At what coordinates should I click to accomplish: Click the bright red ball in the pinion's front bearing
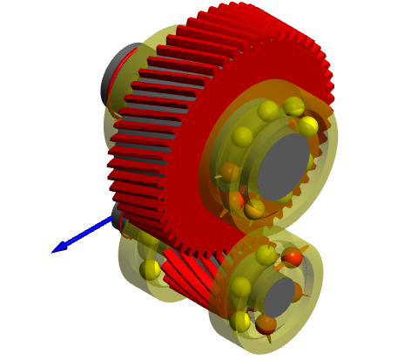click(293, 258)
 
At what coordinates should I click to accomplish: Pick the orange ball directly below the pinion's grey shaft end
click(266, 323)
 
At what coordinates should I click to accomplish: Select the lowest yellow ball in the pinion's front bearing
click(241, 323)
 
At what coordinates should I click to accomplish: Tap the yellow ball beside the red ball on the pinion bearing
click(266, 255)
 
